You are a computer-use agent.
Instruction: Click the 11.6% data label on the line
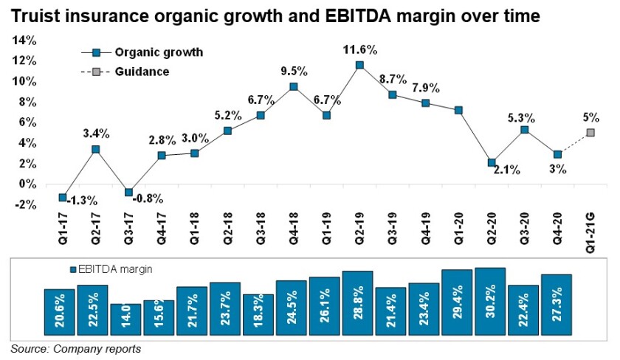pos(359,50)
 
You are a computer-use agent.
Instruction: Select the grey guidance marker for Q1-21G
pos(590,133)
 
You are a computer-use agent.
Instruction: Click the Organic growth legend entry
pos(158,52)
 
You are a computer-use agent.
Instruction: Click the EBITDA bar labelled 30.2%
pos(490,300)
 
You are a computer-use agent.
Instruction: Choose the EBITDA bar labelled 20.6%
pos(59,311)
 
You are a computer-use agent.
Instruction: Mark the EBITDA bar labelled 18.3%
pos(258,314)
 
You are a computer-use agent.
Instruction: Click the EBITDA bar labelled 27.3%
pos(557,303)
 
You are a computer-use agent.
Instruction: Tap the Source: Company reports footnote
pos(75,348)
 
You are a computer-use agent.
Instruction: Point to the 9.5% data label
pos(293,72)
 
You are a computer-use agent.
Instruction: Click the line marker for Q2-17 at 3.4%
pos(95,150)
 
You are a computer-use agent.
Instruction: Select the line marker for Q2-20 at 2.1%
pos(491,162)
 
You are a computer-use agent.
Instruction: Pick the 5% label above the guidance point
pos(590,117)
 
